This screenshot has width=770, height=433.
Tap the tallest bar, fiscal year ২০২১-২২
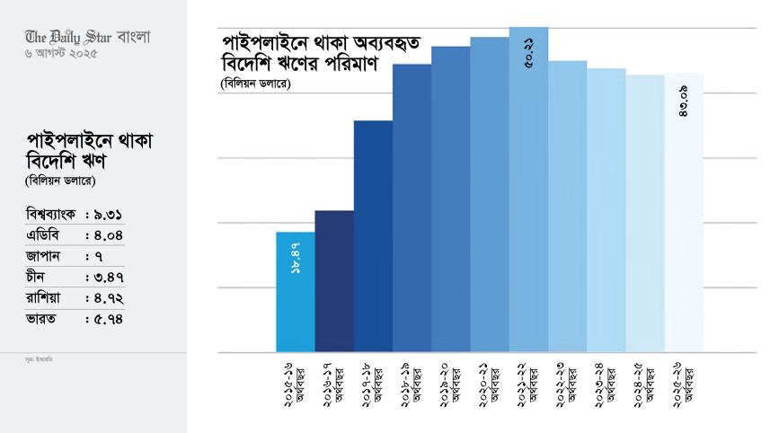[x=528, y=198]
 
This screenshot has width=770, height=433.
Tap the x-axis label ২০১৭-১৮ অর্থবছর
[x=373, y=383]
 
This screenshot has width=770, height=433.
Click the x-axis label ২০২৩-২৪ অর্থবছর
[x=606, y=383]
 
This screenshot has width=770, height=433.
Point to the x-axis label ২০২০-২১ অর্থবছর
[x=489, y=383]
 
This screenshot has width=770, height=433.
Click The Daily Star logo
[x=88, y=37]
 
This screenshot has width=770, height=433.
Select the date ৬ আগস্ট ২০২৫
[x=62, y=54]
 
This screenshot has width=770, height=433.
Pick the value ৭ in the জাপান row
[x=98, y=257]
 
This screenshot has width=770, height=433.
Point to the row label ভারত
[x=41, y=319]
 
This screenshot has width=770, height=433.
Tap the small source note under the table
[x=40, y=358]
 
